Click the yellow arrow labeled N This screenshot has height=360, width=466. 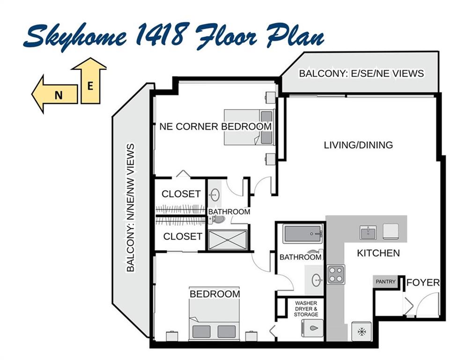pyautogui.click(x=55, y=94)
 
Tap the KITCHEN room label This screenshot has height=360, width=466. pyautogui.click(x=378, y=253)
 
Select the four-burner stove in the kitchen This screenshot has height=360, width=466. pyautogui.click(x=336, y=274)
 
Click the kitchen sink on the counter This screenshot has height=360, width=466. pyautogui.click(x=368, y=232)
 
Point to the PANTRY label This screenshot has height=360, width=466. pyautogui.click(x=385, y=281)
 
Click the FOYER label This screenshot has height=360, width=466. pyautogui.click(x=422, y=282)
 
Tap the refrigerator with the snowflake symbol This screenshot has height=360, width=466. pyautogui.click(x=362, y=331)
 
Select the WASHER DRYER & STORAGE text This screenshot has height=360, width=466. pyautogui.click(x=306, y=309)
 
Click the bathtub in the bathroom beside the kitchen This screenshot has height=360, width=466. pyautogui.click(x=303, y=234)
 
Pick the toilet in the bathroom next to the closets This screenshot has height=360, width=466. pyautogui.click(x=217, y=219)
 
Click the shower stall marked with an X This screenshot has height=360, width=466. pyautogui.click(x=228, y=240)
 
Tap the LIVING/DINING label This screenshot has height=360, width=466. pyautogui.click(x=358, y=145)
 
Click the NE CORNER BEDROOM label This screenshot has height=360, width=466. pyautogui.click(x=215, y=127)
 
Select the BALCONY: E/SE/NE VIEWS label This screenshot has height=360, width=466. pyautogui.click(x=362, y=74)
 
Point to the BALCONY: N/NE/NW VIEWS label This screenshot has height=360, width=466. pyautogui.click(x=131, y=208)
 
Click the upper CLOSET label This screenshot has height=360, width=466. pyautogui.click(x=181, y=194)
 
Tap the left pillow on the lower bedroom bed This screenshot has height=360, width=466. pyautogui.click(x=201, y=331)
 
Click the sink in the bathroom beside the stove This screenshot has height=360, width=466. pyautogui.click(x=317, y=280)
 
